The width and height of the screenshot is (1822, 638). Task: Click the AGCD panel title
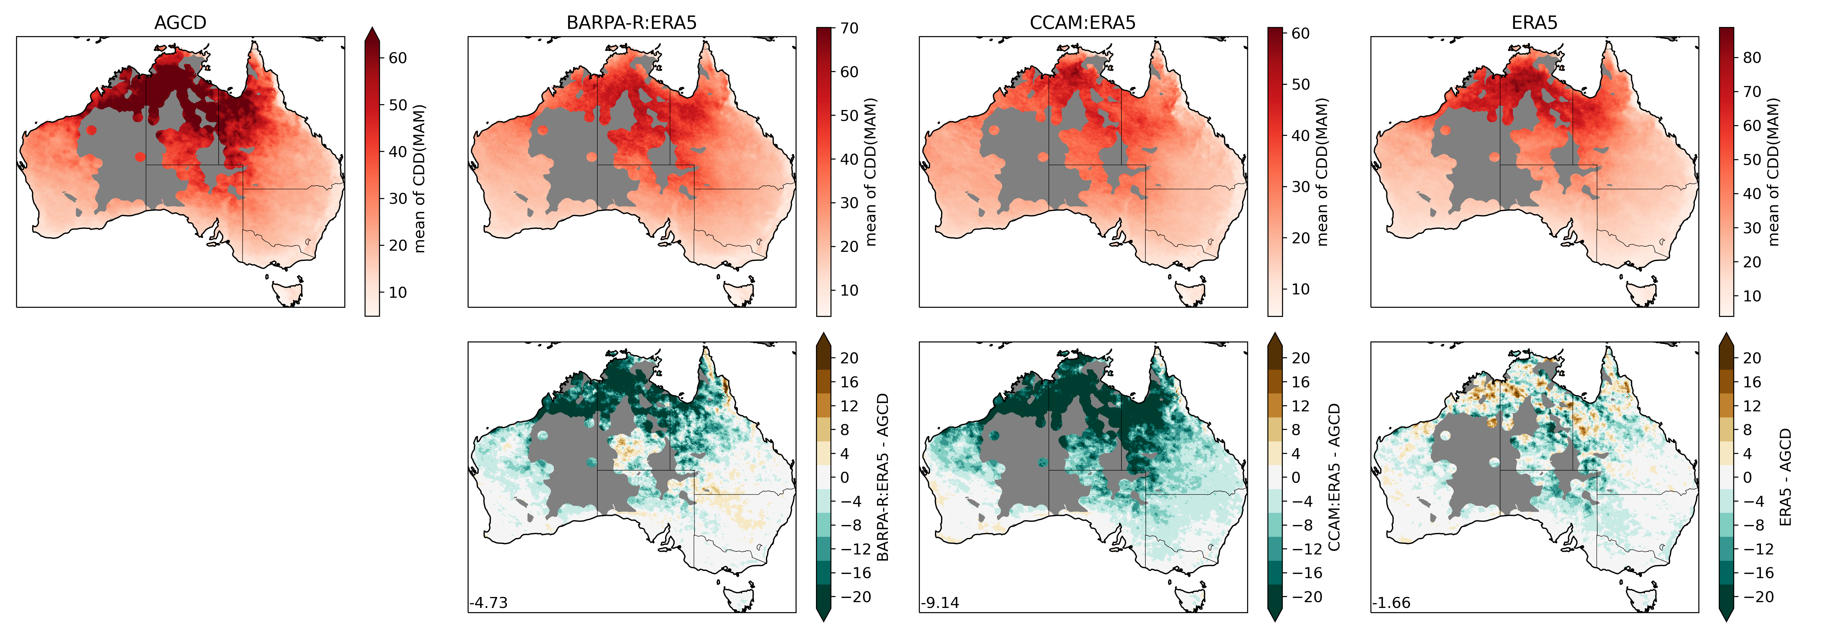180,23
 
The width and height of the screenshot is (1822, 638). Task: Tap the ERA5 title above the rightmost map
1534,23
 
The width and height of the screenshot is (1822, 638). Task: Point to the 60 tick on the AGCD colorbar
397,58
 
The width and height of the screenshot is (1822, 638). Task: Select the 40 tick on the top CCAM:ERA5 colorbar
1300,135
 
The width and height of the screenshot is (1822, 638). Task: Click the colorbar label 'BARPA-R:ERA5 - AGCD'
883,478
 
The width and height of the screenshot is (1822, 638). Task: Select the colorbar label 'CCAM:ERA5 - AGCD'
1334,478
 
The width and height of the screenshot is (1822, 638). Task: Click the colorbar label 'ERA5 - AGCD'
1785,478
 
